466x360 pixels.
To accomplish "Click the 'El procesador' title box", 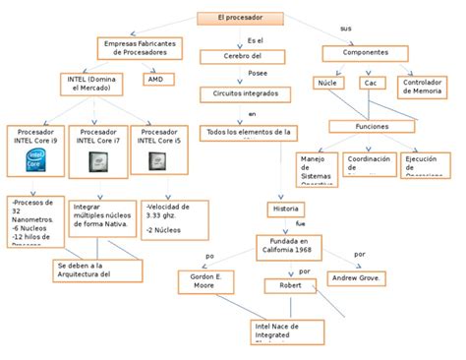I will pyautogui.click(x=239, y=18).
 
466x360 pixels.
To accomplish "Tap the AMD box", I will pyautogui.click(x=156, y=79).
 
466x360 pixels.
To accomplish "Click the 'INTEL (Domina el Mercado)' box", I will pyautogui.click(x=91, y=84).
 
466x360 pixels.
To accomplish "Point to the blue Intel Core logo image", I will pyautogui.click(x=34, y=159).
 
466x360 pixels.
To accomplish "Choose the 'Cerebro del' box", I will pyautogui.click(x=255, y=57).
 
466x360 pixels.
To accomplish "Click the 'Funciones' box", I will pyautogui.click(x=373, y=126).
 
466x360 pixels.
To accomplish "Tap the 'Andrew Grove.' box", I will pyautogui.click(x=358, y=278).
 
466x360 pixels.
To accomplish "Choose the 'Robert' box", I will pyautogui.click(x=290, y=285).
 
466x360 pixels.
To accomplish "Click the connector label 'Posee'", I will pyautogui.click(x=257, y=73).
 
